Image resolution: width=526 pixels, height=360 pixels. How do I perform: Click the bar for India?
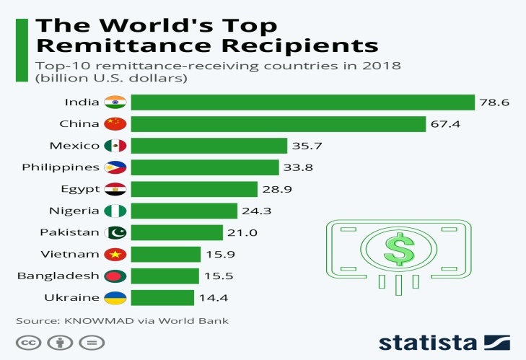(x=302, y=102)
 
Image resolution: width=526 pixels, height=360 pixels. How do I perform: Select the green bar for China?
(x=278, y=123)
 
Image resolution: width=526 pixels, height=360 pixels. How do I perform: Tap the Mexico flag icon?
(x=115, y=146)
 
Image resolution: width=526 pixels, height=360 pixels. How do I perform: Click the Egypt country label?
(x=81, y=189)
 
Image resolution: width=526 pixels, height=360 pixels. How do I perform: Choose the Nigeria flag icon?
(x=115, y=211)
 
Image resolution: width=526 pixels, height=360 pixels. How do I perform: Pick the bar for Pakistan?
(x=177, y=232)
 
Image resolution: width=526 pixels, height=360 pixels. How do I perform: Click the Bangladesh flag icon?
(x=115, y=276)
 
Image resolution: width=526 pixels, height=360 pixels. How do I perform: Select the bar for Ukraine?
(x=162, y=297)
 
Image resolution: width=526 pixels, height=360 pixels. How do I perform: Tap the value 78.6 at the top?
(x=495, y=102)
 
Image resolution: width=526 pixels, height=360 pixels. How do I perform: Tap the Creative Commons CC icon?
(x=27, y=342)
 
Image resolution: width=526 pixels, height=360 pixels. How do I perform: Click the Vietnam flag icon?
(x=115, y=254)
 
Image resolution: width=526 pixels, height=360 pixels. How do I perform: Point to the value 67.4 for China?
(x=446, y=124)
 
